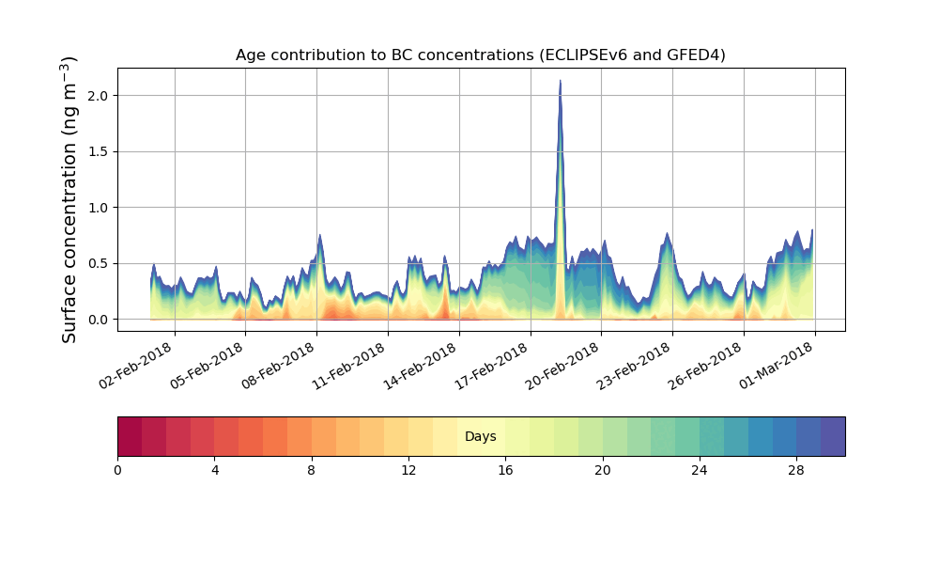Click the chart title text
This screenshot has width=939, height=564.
pyautogui.click(x=480, y=55)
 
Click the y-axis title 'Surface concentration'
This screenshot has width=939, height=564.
pyautogui.click(x=69, y=199)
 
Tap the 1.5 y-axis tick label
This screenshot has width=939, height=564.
pyautogui.click(x=98, y=151)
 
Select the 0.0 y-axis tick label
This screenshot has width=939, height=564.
pyautogui.click(x=98, y=320)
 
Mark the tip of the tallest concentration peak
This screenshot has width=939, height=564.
pyautogui.click(x=561, y=81)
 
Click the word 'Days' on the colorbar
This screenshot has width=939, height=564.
pyautogui.click(x=480, y=437)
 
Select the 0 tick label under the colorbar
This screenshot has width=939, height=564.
pyautogui.click(x=117, y=470)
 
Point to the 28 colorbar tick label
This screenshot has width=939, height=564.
pyautogui.click(x=796, y=470)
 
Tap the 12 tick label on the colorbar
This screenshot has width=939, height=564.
pyautogui.click(x=408, y=470)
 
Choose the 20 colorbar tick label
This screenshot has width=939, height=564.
pyautogui.click(x=602, y=470)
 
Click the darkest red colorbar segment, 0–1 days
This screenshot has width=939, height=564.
pyautogui.click(x=130, y=437)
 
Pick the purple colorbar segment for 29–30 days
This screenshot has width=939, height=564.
pyautogui.click(x=833, y=437)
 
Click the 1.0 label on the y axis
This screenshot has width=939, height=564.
pyautogui.click(x=98, y=208)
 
